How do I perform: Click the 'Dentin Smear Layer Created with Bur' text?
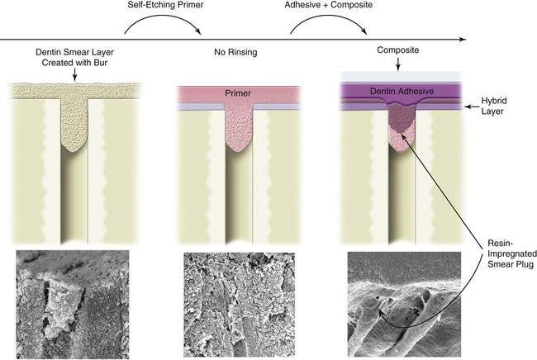[x=74, y=56]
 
